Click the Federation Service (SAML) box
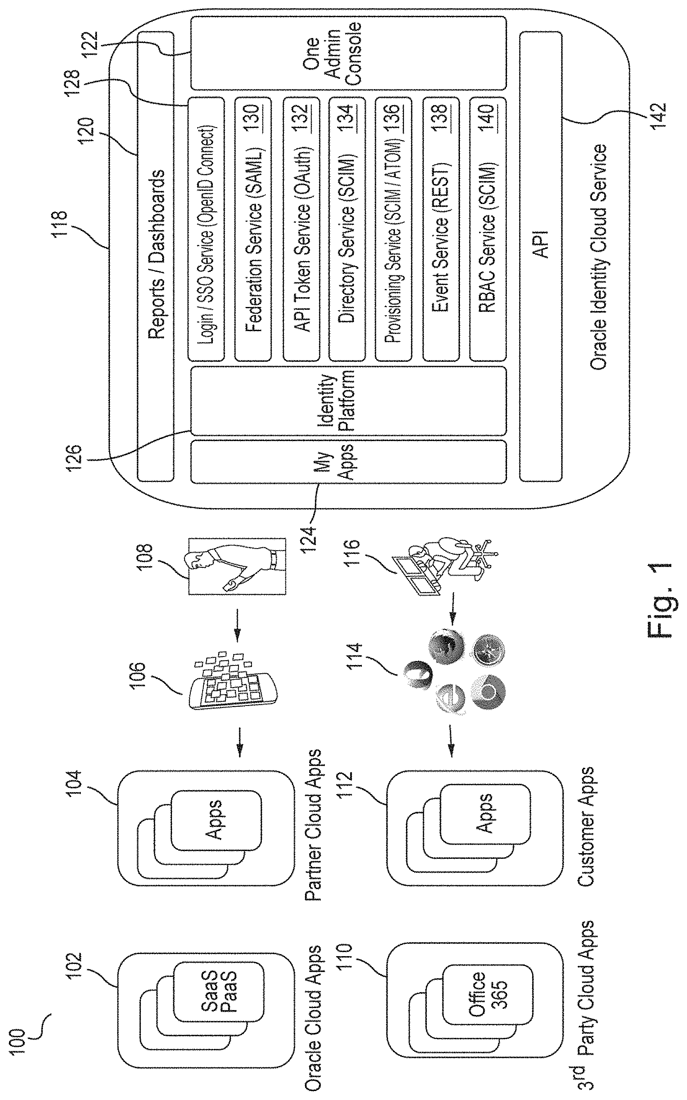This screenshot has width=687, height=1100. (x=253, y=229)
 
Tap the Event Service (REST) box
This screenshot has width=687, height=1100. (x=441, y=229)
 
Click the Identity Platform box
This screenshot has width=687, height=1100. (x=348, y=401)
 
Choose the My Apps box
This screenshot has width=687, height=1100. (x=348, y=461)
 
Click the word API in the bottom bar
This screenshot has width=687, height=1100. (x=541, y=244)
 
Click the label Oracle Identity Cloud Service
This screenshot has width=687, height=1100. (x=598, y=257)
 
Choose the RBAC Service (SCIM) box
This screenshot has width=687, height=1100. (x=488, y=229)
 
